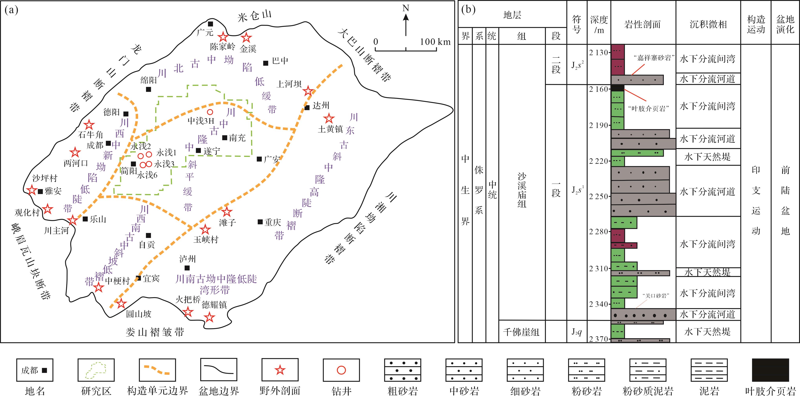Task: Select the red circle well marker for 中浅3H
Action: (210, 112)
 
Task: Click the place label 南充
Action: (238, 138)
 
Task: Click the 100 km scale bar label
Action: (435, 42)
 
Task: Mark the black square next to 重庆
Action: (260, 222)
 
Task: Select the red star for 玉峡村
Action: (205, 230)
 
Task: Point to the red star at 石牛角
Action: (89, 125)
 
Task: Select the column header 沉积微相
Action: (708, 24)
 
